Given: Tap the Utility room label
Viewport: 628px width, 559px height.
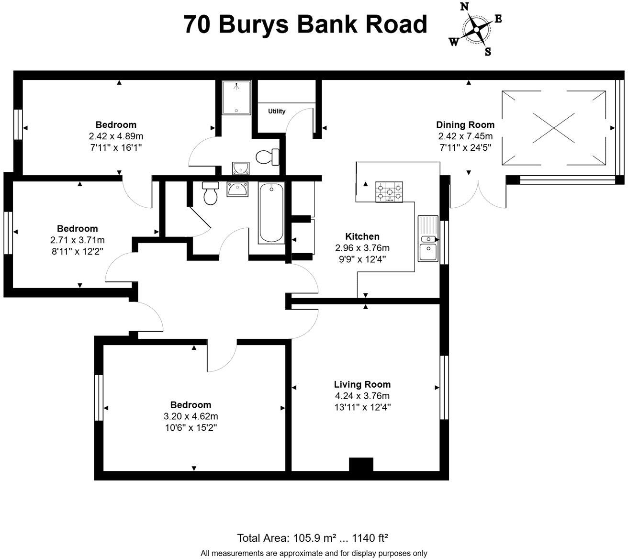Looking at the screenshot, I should click(x=277, y=111).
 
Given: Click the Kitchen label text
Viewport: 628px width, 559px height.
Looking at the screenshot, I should click(x=362, y=236).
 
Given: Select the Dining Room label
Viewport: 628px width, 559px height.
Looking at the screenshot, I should click(x=465, y=125).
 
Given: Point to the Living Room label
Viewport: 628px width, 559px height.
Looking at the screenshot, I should click(x=362, y=384).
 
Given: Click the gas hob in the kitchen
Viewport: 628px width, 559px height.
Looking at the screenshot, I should click(x=389, y=191).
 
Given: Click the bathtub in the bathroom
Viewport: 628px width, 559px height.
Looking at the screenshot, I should click(x=271, y=213).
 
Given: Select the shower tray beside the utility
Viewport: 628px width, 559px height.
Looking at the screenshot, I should click(x=236, y=98).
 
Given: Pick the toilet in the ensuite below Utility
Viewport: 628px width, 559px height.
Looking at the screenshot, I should click(x=268, y=157).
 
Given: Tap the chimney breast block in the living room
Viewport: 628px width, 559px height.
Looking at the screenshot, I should click(x=361, y=465).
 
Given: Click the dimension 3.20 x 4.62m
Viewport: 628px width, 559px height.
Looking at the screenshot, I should click(x=191, y=416).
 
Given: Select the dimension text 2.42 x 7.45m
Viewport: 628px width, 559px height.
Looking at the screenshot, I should click(x=465, y=136).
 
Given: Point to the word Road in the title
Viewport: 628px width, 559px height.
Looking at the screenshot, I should click(x=396, y=24).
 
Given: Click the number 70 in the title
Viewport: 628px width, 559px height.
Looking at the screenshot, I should click(x=197, y=24).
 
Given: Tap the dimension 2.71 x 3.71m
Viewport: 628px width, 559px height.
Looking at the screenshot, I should click(x=78, y=240).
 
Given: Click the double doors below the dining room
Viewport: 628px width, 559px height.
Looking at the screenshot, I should click(x=478, y=196).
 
